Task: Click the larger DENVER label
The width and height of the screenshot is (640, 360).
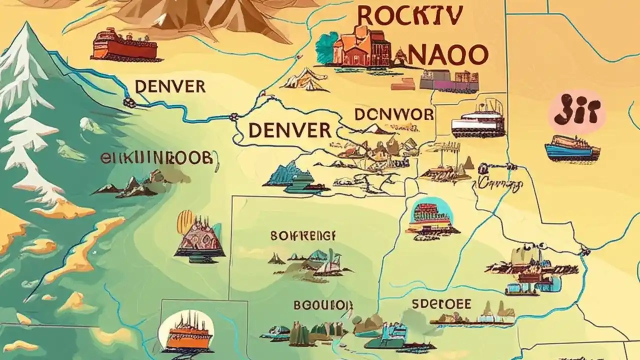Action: [x=290, y=130]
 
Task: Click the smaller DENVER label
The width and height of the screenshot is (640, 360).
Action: [x=170, y=86]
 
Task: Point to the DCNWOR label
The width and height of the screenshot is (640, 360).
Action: [x=394, y=114]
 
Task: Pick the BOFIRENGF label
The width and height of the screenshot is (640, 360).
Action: [x=303, y=235]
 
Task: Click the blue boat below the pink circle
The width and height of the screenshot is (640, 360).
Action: [x=572, y=148]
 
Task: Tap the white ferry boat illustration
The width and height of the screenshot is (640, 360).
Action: [x=477, y=122]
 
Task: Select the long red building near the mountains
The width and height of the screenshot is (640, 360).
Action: [x=124, y=46]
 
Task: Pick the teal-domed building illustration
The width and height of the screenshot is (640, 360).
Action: [x=431, y=218]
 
